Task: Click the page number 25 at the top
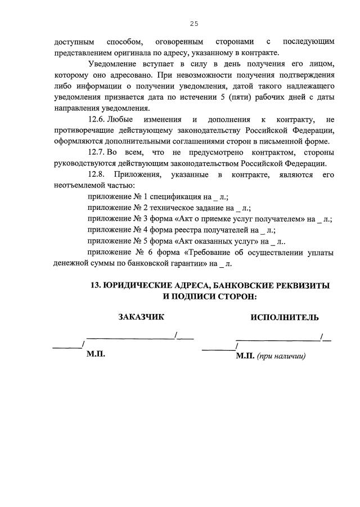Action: point(193,24)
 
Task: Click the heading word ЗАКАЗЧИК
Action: point(141,317)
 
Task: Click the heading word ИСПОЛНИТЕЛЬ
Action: point(285,317)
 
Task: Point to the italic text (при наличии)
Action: point(281,356)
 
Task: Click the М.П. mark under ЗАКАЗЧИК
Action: point(96,355)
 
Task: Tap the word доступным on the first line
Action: point(73,42)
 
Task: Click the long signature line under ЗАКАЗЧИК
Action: point(130,337)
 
